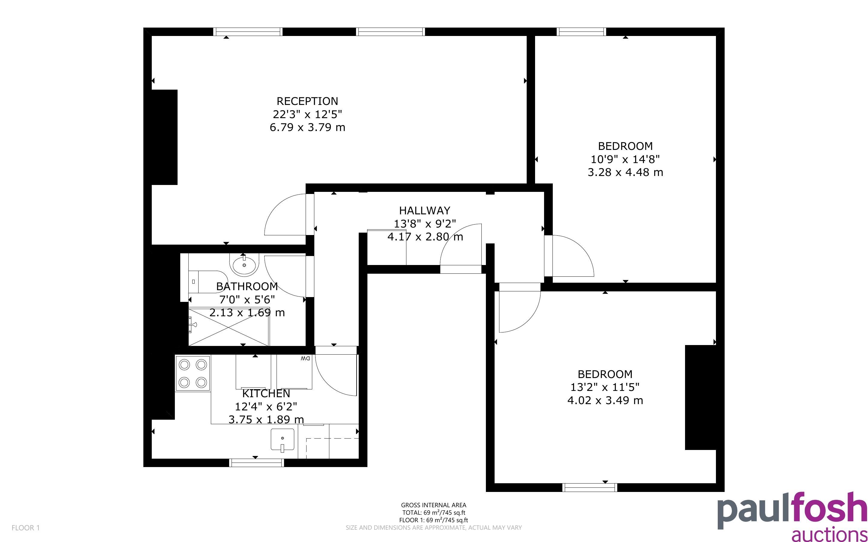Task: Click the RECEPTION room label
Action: (x=307, y=101)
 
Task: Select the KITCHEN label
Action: (x=266, y=394)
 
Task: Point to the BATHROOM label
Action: (x=247, y=286)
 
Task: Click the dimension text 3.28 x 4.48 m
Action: (x=625, y=172)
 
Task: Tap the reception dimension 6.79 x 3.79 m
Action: (x=307, y=127)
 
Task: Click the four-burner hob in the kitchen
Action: (x=193, y=374)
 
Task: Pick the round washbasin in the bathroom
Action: (x=244, y=265)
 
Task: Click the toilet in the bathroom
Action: (x=208, y=282)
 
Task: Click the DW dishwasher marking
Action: (x=305, y=358)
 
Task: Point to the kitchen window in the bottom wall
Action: (x=257, y=463)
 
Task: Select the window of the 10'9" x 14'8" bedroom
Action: (x=582, y=31)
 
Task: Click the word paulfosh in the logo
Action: (x=792, y=511)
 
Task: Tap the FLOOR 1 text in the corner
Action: (x=26, y=528)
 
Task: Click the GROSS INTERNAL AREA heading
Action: (x=433, y=505)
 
